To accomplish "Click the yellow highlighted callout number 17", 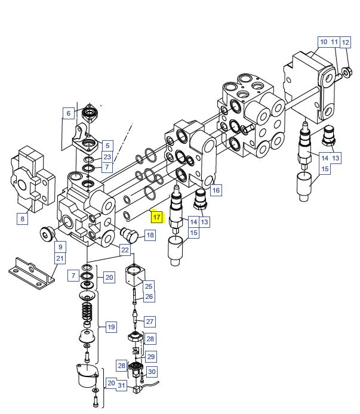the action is (157, 217).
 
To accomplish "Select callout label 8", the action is (23, 219).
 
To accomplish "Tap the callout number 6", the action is (69, 113).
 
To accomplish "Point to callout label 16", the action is (216, 190).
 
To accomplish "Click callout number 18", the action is (150, 235).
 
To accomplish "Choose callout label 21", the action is (60, 258).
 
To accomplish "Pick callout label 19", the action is (111, 327).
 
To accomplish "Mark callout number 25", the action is (149, 286).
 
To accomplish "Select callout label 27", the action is (150, 322).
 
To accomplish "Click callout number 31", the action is (121, 385).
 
